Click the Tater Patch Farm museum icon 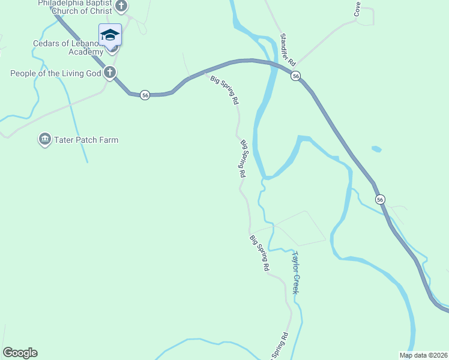[x=44, y=140]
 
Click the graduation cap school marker [x=110, y=35]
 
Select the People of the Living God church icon [x=109, y=73]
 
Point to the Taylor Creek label [x=295, y=272]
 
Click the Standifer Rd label [x=288, y=50]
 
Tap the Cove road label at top [x=357, y=8]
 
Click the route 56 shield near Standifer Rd [x=296, y=76]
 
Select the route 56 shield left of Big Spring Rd [x=145, y=95]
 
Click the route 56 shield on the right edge [x=379, y=199]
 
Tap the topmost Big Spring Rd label [x=224, y=90]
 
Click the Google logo [x=20, y=353]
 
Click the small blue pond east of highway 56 [x=376, y=149]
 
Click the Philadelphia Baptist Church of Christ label [x=75, y=7]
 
